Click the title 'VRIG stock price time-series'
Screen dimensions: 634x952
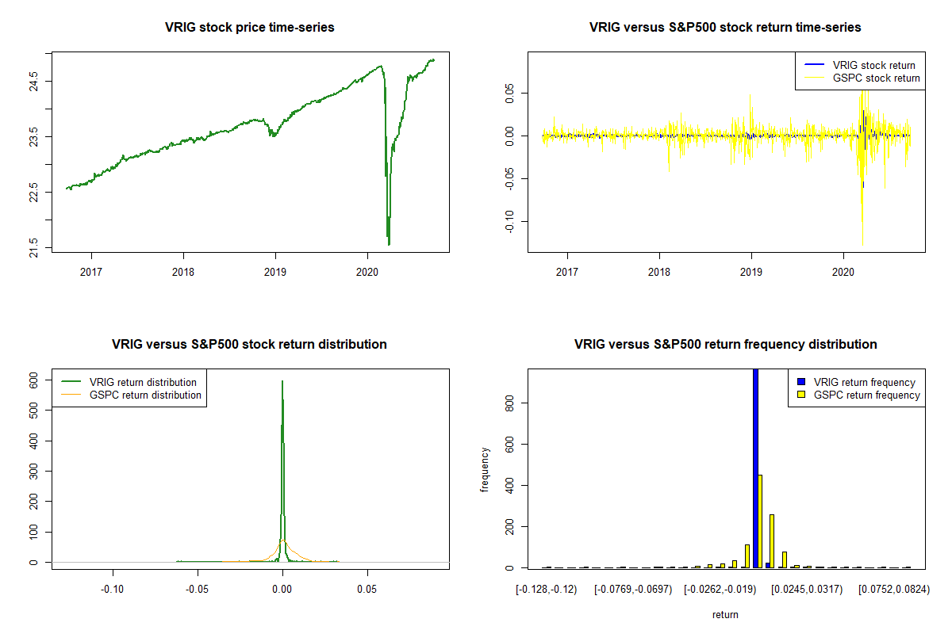pos(250,28)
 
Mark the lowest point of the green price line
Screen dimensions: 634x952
pos(389,245)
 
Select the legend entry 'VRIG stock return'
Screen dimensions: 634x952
pos(873,65)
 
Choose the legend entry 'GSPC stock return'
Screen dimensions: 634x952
pos(876,78)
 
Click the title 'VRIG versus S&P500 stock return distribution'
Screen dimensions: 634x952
pos(250,345)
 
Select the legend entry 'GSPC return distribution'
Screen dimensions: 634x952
pos(146,395)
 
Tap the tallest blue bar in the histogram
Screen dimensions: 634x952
pos(755,468)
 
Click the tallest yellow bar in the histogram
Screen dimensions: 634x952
pos(760,521)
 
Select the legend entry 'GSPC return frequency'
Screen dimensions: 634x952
pos(866,395)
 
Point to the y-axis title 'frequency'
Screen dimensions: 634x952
pos(485,471)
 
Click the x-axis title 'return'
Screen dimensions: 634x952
pos(725,614)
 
